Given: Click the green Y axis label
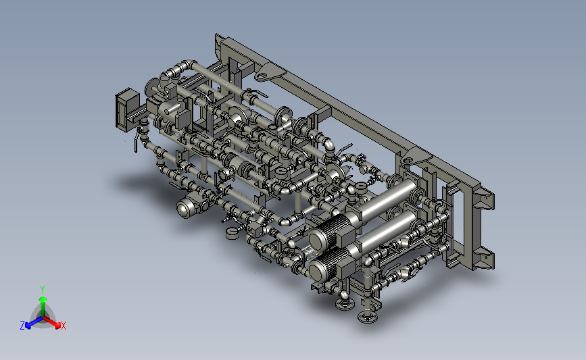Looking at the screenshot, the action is (x=43, y=290).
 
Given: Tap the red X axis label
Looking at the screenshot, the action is (x=63, y=326).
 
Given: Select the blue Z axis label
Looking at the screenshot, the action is (x=22, y=326).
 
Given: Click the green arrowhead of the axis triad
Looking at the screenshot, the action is (x=43, y=299).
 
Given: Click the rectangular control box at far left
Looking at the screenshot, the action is (x=126, y=110).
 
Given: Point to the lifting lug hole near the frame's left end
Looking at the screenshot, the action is (x=262, y=76).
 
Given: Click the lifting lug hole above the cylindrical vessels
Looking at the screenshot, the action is (x=408, y=161).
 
